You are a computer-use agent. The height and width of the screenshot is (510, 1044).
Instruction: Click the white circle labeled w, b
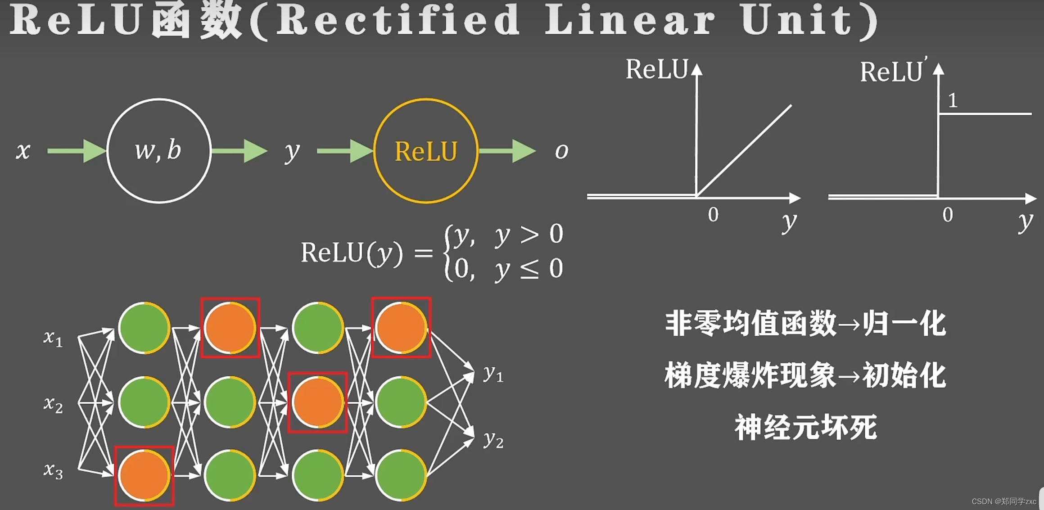[x=158, y=151]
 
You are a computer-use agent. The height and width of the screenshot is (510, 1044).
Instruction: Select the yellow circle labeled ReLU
[x=425, y=151]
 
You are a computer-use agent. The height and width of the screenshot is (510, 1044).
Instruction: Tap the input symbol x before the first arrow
[x=23, y=150]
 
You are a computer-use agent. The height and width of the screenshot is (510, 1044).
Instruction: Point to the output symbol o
[x=561, y=151]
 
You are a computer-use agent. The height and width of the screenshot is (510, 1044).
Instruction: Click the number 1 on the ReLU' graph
[x=952, y=100]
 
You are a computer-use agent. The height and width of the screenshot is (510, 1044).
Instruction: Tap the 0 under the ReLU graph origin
[x=713, y=215]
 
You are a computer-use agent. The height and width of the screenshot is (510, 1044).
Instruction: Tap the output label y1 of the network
[x=493, y=374]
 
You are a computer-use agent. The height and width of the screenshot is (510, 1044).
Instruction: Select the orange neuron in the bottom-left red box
[x=144, y=475]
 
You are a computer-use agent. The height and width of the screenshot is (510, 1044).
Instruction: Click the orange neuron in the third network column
[x=317, y=402]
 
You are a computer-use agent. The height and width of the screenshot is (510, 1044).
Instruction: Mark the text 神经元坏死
[x=805, y=427]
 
